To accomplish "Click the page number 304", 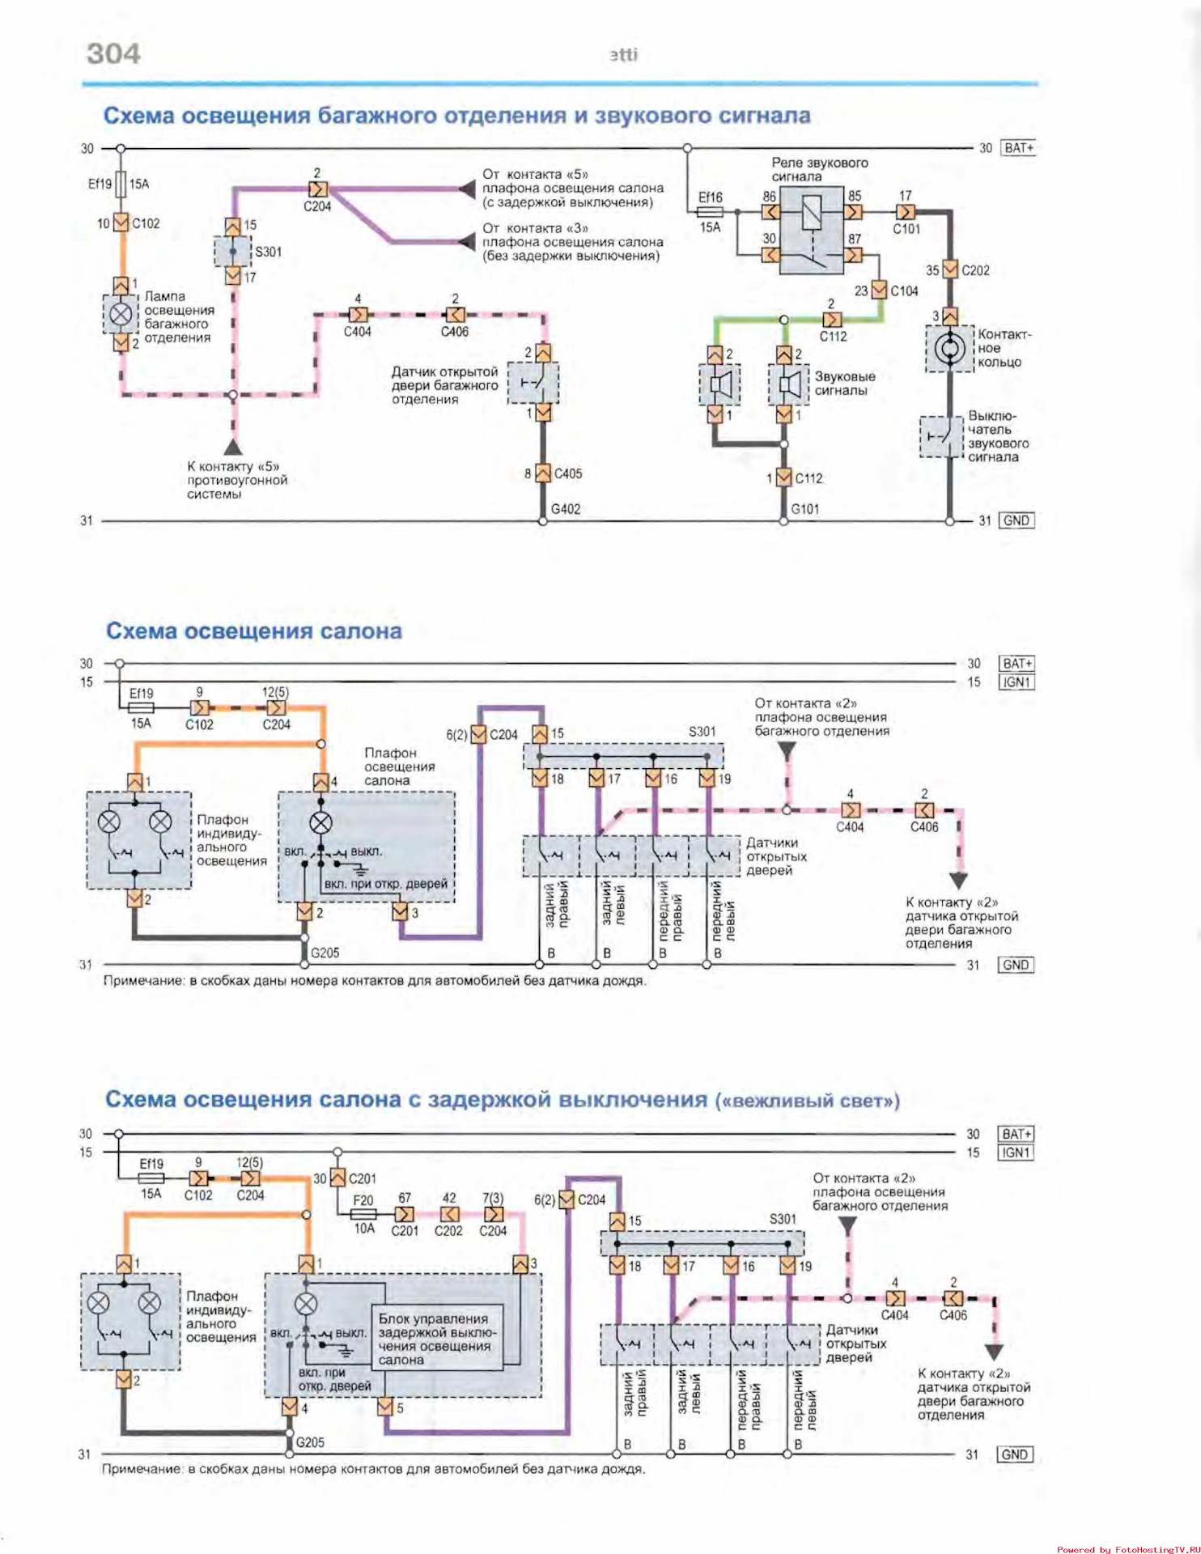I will (113, 53).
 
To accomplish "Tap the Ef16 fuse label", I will (710, 197).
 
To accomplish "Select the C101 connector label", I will (906, 229).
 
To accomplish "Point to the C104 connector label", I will (904, 291).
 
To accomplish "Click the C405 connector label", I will (567, 473).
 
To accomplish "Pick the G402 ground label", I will (566, 509).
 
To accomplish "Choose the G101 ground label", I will (804, 509).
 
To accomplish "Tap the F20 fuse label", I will (363, 1200).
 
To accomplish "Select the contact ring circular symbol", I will (949, 349).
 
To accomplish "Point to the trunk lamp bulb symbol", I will (121, 314).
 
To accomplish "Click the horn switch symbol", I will (941, 436).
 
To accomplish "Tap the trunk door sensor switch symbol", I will (533, 383).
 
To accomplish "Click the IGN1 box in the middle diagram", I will (1016, 682).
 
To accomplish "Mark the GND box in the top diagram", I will (1016, 520).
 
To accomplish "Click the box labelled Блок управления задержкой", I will (437, 1339).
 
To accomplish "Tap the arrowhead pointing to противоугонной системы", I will (233, 446).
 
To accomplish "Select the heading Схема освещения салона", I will (253, 631).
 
